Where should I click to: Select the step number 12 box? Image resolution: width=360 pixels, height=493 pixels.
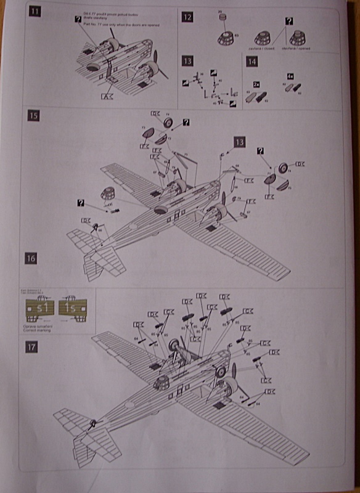187,17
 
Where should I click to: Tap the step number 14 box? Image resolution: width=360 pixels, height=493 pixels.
251,62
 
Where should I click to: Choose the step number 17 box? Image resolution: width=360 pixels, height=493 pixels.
31,348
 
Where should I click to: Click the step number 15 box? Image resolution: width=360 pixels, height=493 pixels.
35,115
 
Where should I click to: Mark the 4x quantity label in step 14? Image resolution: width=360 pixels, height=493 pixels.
290,76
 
